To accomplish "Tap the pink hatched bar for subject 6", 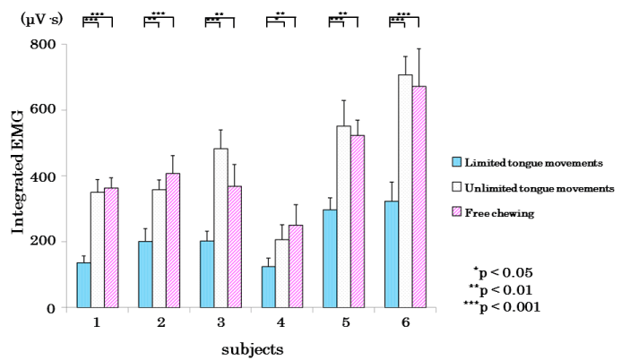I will (418, 197).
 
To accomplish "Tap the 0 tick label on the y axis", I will (51, 308).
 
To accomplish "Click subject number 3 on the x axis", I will (220, 321).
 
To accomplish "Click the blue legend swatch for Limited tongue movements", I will (456, 162).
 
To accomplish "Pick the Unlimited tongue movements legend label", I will (539, 187).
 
